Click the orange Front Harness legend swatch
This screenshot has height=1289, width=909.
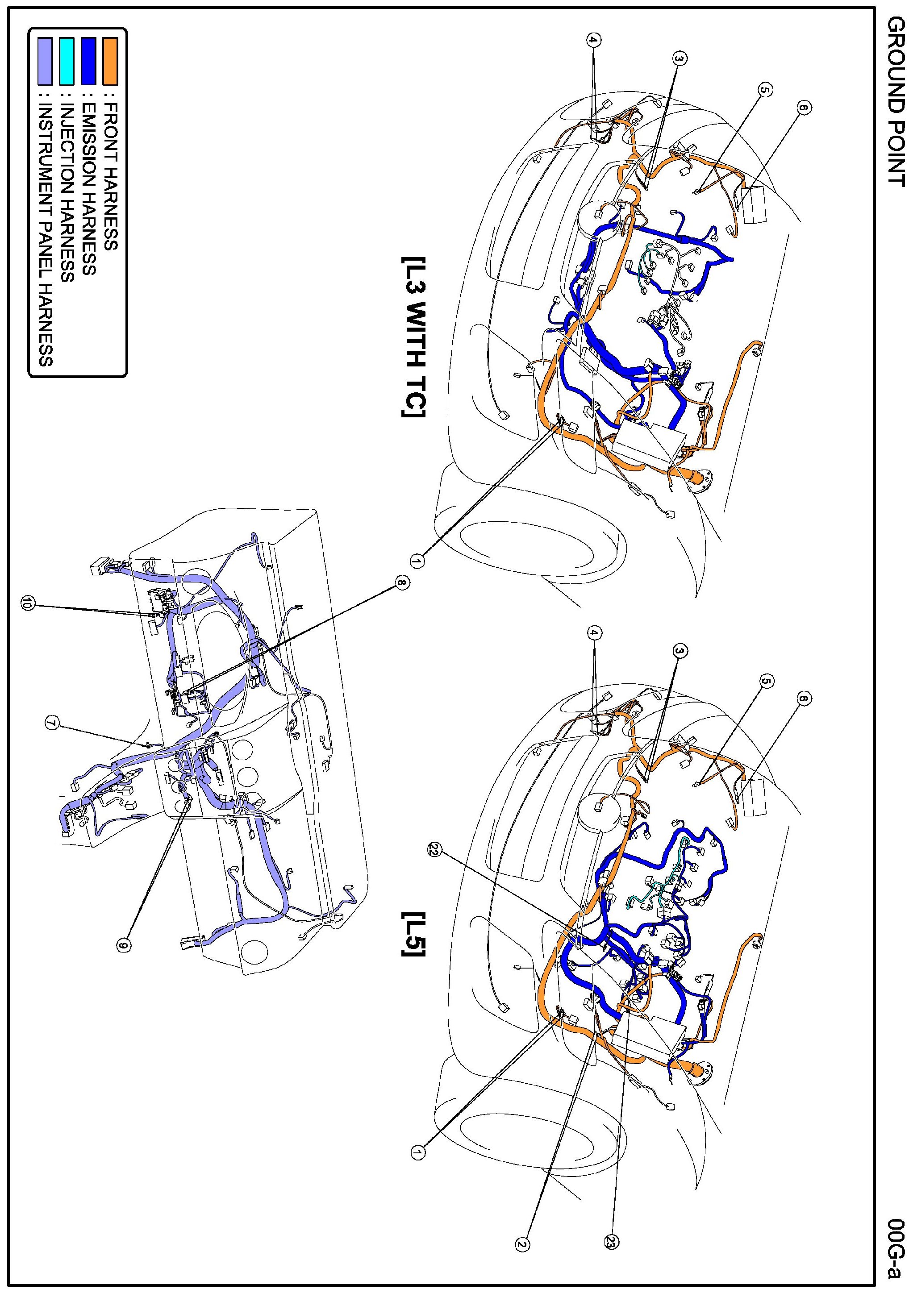pyautogui.click(x=110, y=61)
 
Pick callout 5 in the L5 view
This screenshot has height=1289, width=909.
pyautogui.click(x=766, y=682)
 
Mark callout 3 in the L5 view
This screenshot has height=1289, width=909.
pyautogui.click(x=680, y=651)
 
